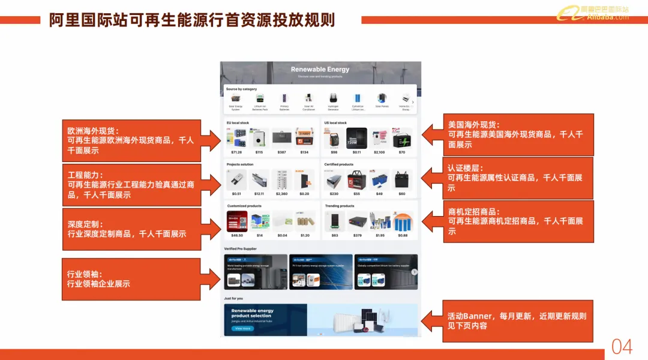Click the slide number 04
(622, 346)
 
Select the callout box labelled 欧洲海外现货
(131, 140)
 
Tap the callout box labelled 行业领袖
(131, 279)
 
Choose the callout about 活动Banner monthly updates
(518, 321)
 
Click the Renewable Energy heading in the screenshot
(320, 70)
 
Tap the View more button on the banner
(242, 328)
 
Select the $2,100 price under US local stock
(379, 152)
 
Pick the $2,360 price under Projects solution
(281, 194)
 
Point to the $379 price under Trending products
(358, 235)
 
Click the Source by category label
(241, 89)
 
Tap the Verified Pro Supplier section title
(240, 248)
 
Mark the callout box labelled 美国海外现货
(518, 135)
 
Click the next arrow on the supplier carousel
(414, 272)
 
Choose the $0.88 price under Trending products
(402, 235)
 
